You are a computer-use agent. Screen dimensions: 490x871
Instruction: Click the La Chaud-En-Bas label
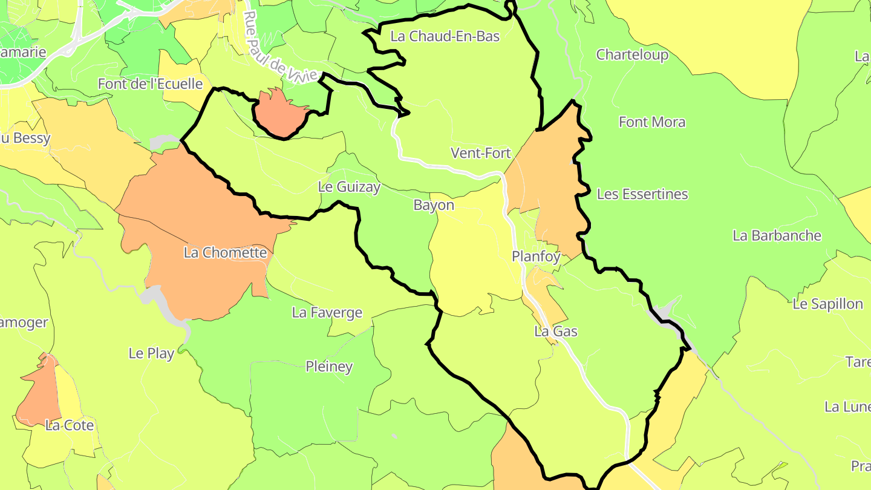point(445,36)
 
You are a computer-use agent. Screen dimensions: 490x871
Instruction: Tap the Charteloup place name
point(632,55)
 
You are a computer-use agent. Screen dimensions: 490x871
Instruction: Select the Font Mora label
point(652,122)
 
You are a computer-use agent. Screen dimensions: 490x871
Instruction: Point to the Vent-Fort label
point(481,154)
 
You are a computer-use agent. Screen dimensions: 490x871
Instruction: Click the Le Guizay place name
point(349,188)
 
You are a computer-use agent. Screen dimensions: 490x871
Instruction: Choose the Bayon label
point(434,206)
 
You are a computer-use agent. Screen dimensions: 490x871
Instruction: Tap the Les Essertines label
point(642,195)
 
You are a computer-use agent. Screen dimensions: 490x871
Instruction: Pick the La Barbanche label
point(777,236)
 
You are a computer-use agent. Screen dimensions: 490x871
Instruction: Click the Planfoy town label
point(536,256)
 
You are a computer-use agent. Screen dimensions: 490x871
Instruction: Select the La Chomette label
point(225,253)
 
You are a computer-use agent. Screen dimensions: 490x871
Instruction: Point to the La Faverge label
point(327,313)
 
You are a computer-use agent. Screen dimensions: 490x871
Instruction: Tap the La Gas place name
point(556,332)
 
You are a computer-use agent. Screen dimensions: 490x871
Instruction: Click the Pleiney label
point(329,367)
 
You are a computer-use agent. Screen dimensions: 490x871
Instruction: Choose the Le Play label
point(151,353)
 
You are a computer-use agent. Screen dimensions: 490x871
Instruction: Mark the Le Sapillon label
point(827,304)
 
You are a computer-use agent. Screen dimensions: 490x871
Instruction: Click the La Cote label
point(70,425)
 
